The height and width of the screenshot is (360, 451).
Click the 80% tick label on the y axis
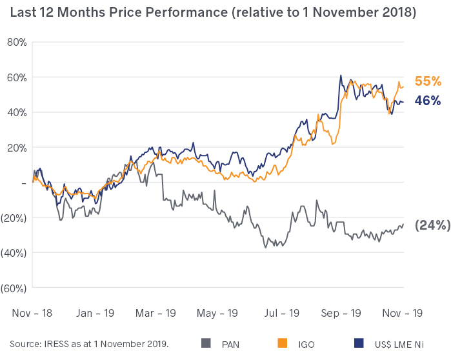pos(15,42)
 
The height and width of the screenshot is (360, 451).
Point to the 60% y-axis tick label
pos(15,77)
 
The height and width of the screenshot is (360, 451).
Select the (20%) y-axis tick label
pos(13,217)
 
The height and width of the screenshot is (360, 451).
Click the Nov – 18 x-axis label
pos(32,312)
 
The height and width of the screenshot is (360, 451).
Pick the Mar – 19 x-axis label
pos(157,312)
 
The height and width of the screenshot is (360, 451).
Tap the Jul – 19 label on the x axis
pos(281,312)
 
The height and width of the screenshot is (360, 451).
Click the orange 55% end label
pos(428,81)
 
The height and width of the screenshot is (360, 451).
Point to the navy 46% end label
pos(428,101)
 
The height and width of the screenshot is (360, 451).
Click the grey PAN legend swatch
pos(206,343)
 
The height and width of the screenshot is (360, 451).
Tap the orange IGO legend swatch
pos(282,343)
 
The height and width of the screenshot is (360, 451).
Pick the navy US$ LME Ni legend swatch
pos(359,343)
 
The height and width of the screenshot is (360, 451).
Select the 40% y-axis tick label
pos(15,112)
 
